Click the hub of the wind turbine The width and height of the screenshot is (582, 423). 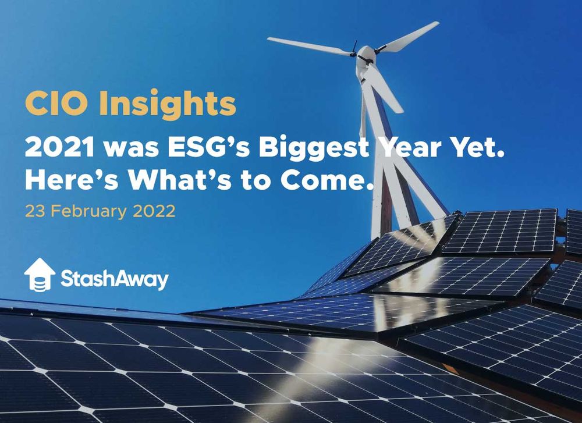[x=365, y=55]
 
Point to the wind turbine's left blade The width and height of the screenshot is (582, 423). [x=308, y=46]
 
